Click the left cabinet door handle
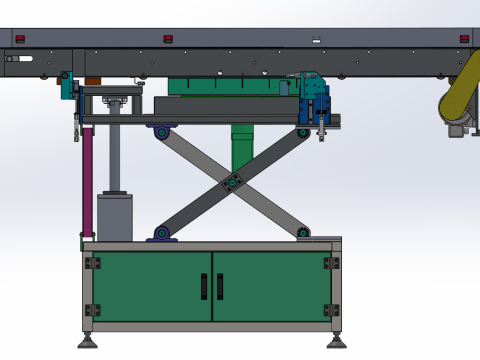(205, 287)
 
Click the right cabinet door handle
(219, 287)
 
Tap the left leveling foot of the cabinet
(88, 343)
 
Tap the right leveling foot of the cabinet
(335, 343)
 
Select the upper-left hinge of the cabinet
(92, 263)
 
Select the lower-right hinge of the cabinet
(332, 309)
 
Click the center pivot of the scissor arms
(233, 182)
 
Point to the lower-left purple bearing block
(161, 234)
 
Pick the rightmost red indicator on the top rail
(463, 39)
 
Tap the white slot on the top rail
(316, 41)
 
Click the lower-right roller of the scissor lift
(303, 234)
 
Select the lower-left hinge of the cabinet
(92, 309)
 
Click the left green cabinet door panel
(152, 286)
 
